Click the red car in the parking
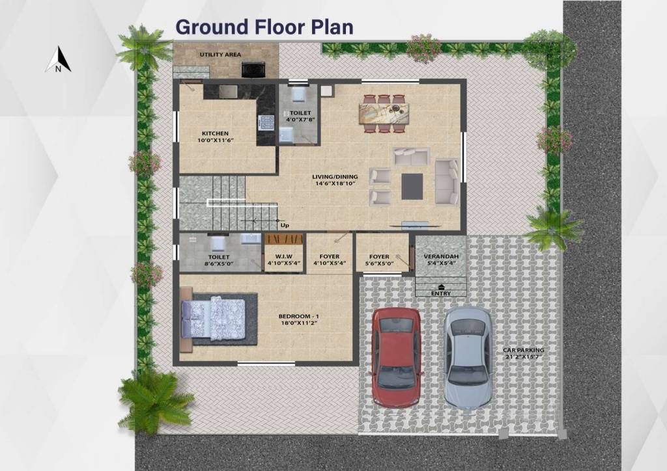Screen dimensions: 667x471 pos(397,357)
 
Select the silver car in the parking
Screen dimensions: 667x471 pos(468,358)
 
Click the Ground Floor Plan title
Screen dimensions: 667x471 pos(264,27)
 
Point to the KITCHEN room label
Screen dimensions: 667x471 pos(215,133)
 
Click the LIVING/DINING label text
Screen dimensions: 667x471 pos(335,177)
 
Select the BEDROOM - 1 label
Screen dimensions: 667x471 pos(298,316)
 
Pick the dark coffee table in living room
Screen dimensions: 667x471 pos(412,186)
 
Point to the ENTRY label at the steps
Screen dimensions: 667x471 pos(441,293)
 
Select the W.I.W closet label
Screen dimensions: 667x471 pos(284,256)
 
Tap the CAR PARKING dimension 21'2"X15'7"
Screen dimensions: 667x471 pos(523,357)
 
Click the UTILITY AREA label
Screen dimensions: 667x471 pos(220,55)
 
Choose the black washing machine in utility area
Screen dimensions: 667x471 pos(253,70)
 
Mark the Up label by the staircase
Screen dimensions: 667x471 pos(285,226)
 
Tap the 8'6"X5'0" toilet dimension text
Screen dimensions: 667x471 pos(219,263)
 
